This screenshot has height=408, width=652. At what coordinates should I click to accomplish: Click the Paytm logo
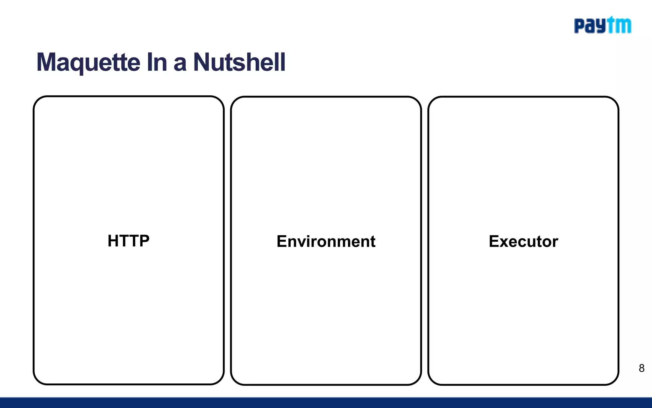[x=602, y=25]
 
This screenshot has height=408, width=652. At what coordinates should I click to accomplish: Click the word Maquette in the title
[x=88, y=62]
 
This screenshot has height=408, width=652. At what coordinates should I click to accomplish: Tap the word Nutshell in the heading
[x=239, y=62]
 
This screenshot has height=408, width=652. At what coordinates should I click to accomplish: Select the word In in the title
[x=157, y=62]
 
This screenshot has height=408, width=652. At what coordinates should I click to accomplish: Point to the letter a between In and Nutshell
[x=180, y=64]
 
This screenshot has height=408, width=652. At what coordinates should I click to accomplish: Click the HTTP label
[x=128, y=241]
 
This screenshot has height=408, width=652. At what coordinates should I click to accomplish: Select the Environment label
[x=326, y=241]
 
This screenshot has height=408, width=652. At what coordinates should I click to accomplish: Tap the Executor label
[x=523, y=241]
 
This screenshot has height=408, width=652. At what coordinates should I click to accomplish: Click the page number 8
[x=641, y=368]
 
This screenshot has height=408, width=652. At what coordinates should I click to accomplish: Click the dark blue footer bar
[x=326, y=403]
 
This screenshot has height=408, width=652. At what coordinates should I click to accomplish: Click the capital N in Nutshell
[x=202, y=62]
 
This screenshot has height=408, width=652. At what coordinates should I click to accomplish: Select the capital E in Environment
[x=282, y=241]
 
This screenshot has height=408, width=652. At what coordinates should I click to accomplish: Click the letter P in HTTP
[x=144, y=241]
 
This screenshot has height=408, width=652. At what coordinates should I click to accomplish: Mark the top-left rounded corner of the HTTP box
[x=38, y=101]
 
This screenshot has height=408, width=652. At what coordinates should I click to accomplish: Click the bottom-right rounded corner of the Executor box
[x=614, y=380]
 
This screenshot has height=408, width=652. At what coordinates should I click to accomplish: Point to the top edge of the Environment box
[x=326, y=97]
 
